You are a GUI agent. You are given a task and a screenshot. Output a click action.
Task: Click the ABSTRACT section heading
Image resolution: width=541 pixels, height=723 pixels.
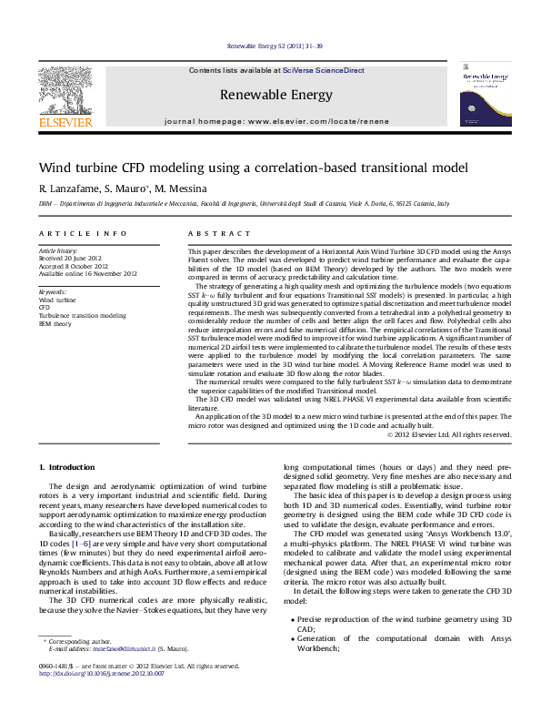207,234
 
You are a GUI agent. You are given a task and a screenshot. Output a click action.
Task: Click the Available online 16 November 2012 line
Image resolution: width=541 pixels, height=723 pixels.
87,273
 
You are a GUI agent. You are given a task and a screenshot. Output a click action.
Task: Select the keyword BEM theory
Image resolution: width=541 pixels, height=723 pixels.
55,323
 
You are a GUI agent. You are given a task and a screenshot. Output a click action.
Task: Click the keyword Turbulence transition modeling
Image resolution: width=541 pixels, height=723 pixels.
82,315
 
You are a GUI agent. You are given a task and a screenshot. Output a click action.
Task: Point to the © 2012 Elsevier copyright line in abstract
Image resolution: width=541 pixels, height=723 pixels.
449,434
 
